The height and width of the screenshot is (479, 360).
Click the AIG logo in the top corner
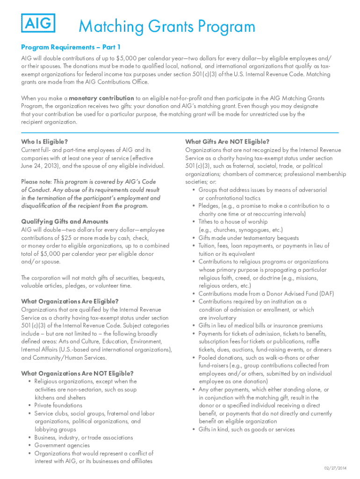tap(38, 22)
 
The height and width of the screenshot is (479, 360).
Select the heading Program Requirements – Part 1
tap(71, 47)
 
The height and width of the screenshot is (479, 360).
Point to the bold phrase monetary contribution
tap(101, 98)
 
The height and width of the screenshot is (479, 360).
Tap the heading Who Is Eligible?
tap(44, 142)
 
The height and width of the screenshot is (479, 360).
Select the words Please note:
tap(36, 182)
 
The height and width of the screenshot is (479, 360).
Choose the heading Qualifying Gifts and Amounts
tap(65, 222)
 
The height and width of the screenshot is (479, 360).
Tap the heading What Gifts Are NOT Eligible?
tap(227, 142)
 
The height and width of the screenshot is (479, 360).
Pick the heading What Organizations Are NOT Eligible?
tap(78, 373)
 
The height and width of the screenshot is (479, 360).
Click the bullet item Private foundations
tap(58, 406)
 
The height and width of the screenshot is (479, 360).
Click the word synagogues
tap(255, 230)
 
